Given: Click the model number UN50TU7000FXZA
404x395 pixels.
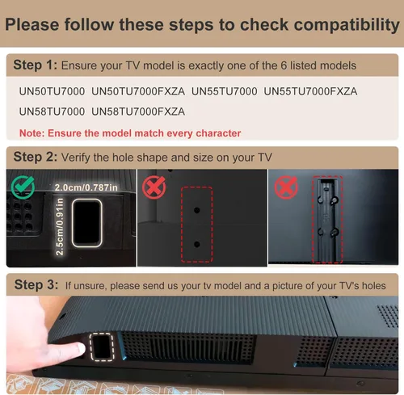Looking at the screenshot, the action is pyautogui.click(x=138, y=91).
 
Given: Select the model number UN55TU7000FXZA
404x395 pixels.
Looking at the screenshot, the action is pyautogui.click(x=310, y=91).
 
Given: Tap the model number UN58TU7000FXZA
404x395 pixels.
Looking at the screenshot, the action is pyautogui.click(x=138, y=111).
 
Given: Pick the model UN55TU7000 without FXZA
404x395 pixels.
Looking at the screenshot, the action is pyautogui.click(x=225, y=91).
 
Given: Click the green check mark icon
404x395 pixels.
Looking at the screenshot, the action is pyautogui.click(x=23, y=187).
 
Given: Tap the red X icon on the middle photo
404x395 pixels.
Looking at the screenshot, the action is pyautogui.click(x=154, y=187).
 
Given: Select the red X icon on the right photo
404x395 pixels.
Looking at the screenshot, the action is pyautogui.click(x=286, y=187).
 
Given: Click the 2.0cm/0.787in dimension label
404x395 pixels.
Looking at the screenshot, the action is pyautogui.click(x=86, y=187).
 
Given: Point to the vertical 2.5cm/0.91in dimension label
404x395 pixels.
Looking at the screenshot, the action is pyautogui.click(x=59, y=227).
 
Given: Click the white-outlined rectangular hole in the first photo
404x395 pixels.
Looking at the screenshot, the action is pyautogui.click(x=86, y=223).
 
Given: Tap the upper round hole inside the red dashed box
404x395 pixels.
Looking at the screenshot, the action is pyautogui.click(x=197, y=210).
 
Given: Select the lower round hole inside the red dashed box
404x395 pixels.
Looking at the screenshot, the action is pyautogui.click(x=197, y=245).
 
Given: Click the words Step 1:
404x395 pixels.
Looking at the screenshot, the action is pyautogui.click(x=36, y=65).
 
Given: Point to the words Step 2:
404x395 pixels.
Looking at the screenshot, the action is pyautogui.click(x=36, y=157).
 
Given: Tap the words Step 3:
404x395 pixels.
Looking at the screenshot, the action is pyautogui.click(x=36, y=285).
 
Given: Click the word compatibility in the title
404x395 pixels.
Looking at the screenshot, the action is pyautogui.click(x=347, y=25).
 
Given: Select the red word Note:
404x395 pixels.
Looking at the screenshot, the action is pyautogui.click(x=32, y=133).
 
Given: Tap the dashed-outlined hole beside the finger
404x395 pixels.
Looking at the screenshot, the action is pyautogui.click(x=102, y=347).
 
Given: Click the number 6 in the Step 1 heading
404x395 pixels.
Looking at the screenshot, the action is pyautogui.click(x=284, y=65).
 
